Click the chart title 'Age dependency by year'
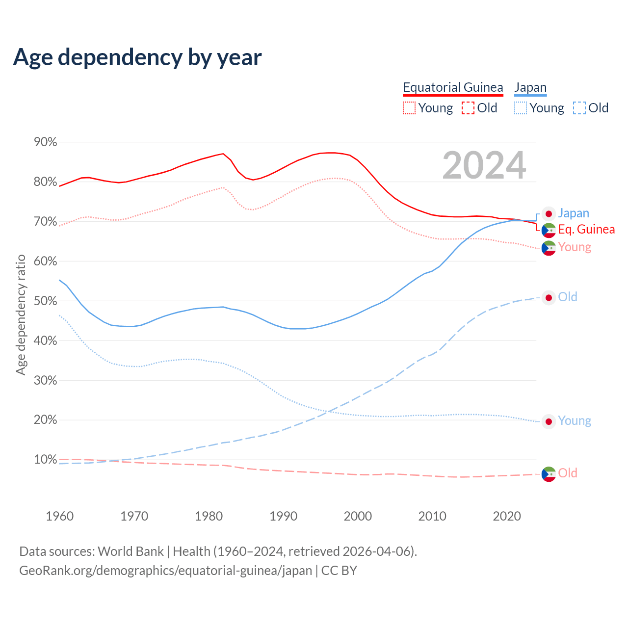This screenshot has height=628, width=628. (137, 57)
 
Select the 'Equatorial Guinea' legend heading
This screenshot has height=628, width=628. (453, 87)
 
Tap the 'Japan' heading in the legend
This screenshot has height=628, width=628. (530, 87)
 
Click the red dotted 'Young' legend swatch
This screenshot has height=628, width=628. (409, 108)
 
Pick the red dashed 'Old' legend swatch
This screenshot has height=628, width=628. (468, 108)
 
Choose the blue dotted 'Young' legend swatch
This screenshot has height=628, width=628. (521, 108)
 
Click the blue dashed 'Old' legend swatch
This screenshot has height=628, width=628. (579, 108)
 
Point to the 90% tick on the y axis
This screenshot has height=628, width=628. (45, 142)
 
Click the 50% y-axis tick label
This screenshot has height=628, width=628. (45, 301)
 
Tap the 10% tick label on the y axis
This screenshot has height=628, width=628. (45, 460)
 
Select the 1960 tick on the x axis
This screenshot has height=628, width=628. (59, 516)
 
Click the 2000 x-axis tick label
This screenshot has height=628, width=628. (358, 516)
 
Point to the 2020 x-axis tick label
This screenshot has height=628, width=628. (507, 516)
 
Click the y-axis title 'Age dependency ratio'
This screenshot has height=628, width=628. (21, 314)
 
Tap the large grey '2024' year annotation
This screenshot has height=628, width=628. (484, 165)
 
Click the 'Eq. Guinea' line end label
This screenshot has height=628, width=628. (586, 229)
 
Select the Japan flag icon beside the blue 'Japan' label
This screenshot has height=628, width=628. (549, 214)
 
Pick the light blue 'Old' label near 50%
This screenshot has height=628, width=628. (568, 297)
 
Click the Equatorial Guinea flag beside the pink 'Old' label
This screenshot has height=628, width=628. (549, 474)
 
